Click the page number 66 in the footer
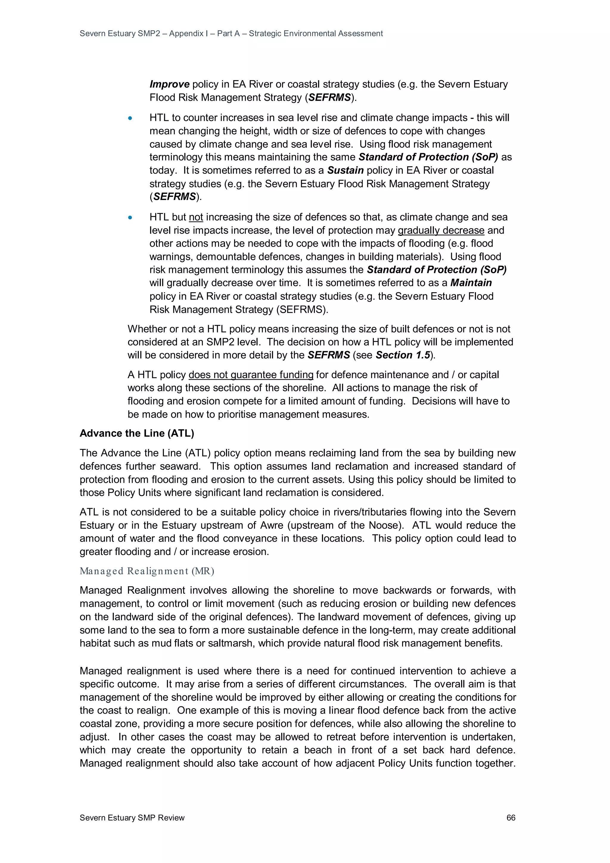[511, 817]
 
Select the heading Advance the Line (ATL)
[137, 433]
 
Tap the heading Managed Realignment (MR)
[147, 571]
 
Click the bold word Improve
[169, 84]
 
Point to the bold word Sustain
[345, 170]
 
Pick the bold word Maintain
[471, 283]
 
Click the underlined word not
[196, 217]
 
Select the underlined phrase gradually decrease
[441, 230]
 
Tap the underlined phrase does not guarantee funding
[251, 375]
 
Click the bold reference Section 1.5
[402, 355]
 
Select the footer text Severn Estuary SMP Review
[132, 817]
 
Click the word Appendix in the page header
[186, 33]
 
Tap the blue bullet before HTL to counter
[130, 118]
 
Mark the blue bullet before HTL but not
[130, 217]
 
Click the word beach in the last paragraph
[318, 750]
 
